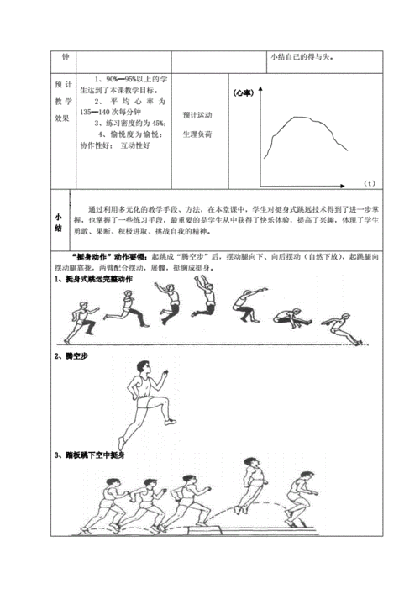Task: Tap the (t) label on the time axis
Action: coord(370,183)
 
